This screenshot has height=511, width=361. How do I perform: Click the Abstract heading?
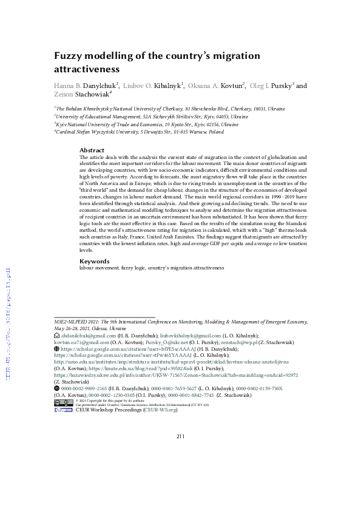(x=92, y=150)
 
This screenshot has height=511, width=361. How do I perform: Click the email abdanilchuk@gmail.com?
(x=88, y=335)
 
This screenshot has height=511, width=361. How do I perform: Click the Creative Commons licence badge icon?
(x=63, y=385)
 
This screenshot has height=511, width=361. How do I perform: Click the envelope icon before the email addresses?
(x=56, y=335)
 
